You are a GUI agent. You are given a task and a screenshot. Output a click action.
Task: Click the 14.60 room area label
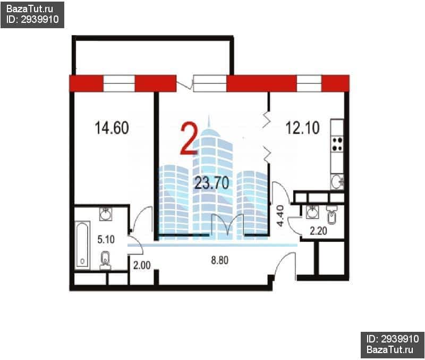[112, 128]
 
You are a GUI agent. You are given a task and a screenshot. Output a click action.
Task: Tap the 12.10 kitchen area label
[302, 128]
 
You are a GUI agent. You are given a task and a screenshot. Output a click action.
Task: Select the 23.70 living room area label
[212, 182]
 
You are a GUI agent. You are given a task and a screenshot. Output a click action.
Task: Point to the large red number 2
[189, 139]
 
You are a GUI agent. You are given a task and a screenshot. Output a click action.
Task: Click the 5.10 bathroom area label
[106, 239]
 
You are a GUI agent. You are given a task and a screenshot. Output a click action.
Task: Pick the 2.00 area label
[142, 265]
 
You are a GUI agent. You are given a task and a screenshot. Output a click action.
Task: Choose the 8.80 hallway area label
[219, 260]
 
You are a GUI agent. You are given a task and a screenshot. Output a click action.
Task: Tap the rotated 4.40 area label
[280, 216]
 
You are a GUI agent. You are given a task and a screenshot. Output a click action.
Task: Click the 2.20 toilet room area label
[318, 231]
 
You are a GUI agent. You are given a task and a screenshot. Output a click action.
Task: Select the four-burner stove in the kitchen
[337, 144]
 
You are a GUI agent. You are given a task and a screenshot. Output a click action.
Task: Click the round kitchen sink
[337, 181]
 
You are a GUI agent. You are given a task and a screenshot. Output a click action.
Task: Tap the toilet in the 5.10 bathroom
[105, 261]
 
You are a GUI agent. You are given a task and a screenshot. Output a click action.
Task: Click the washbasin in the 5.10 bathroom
[106, 214]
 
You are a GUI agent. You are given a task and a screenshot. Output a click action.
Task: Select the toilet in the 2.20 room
[331, 215]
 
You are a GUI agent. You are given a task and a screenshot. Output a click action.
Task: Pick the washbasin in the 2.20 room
[312, 212]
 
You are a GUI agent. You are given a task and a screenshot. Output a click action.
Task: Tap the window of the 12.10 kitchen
[309, 83]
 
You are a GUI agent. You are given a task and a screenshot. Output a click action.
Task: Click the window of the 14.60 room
[119, 83]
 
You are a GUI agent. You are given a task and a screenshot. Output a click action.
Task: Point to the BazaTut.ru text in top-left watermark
[30, 9]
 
